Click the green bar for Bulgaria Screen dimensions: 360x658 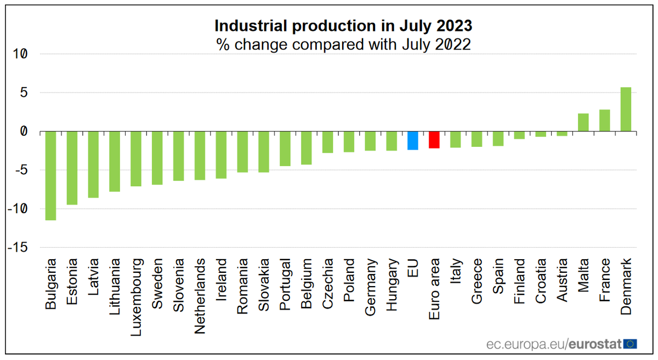(x=50, y=175)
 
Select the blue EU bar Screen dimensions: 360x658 (x=413, y=140)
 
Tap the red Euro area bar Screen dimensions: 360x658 (x=434, y=140)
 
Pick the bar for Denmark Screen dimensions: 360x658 (x=626, y=110)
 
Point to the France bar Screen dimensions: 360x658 (x=604, y=121)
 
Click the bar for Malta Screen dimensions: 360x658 (x=583, y=122)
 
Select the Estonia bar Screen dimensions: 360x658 (x=72, y=168)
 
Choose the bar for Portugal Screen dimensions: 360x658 (x=285, y=148)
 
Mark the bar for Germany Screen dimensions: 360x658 (x=370, y=141)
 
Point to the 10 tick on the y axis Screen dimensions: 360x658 (x=20, y=54)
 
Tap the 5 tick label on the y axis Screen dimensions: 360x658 (x=23, y=93)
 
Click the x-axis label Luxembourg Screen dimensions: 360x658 (x=136, y=290)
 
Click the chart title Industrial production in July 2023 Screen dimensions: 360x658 (x=343, y=26)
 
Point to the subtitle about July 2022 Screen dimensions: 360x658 (x=343, y=44)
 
